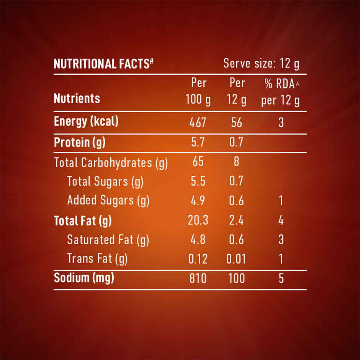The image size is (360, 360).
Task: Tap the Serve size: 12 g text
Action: [x=261, y=64]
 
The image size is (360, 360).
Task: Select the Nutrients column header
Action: [x=77, y=98]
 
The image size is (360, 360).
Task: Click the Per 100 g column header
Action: [x=198, y=92]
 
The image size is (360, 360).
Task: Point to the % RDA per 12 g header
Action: [x=280, y=92]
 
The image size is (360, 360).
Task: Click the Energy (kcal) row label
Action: [x=86, y=121]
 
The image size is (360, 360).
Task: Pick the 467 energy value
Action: [x=198, y=123]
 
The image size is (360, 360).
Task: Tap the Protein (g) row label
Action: [x=80, y=142]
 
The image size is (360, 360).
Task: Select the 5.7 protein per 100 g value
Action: [x=198, y=142]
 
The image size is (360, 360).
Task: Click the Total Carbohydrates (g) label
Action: [x=111, y=163]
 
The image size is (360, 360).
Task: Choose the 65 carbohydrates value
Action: [x=198, y=162]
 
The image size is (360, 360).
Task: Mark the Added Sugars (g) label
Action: [x=108, y=200]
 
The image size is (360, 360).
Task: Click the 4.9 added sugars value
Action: [x=198, y=200]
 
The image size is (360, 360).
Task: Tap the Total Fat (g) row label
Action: [x=83, y=221]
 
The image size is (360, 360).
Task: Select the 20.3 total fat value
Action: [x=198, y=221]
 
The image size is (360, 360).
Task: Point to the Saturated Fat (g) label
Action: [x=108, y=240]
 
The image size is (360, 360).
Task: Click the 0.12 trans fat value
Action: [x=198, y=259]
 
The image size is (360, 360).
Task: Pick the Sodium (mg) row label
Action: [x=84, y=278]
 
